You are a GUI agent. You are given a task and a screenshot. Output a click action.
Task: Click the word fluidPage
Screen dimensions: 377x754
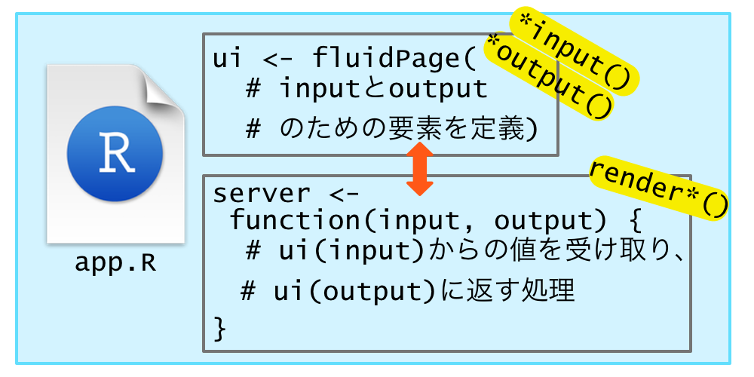pyautogui.click(x=391, y=58)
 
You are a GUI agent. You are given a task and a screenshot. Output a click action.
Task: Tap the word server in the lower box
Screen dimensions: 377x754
pyautogui.click(x=250, y=194)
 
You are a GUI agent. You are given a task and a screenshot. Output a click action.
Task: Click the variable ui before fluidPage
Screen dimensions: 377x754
pyautogui.click(x=222, y=58)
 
